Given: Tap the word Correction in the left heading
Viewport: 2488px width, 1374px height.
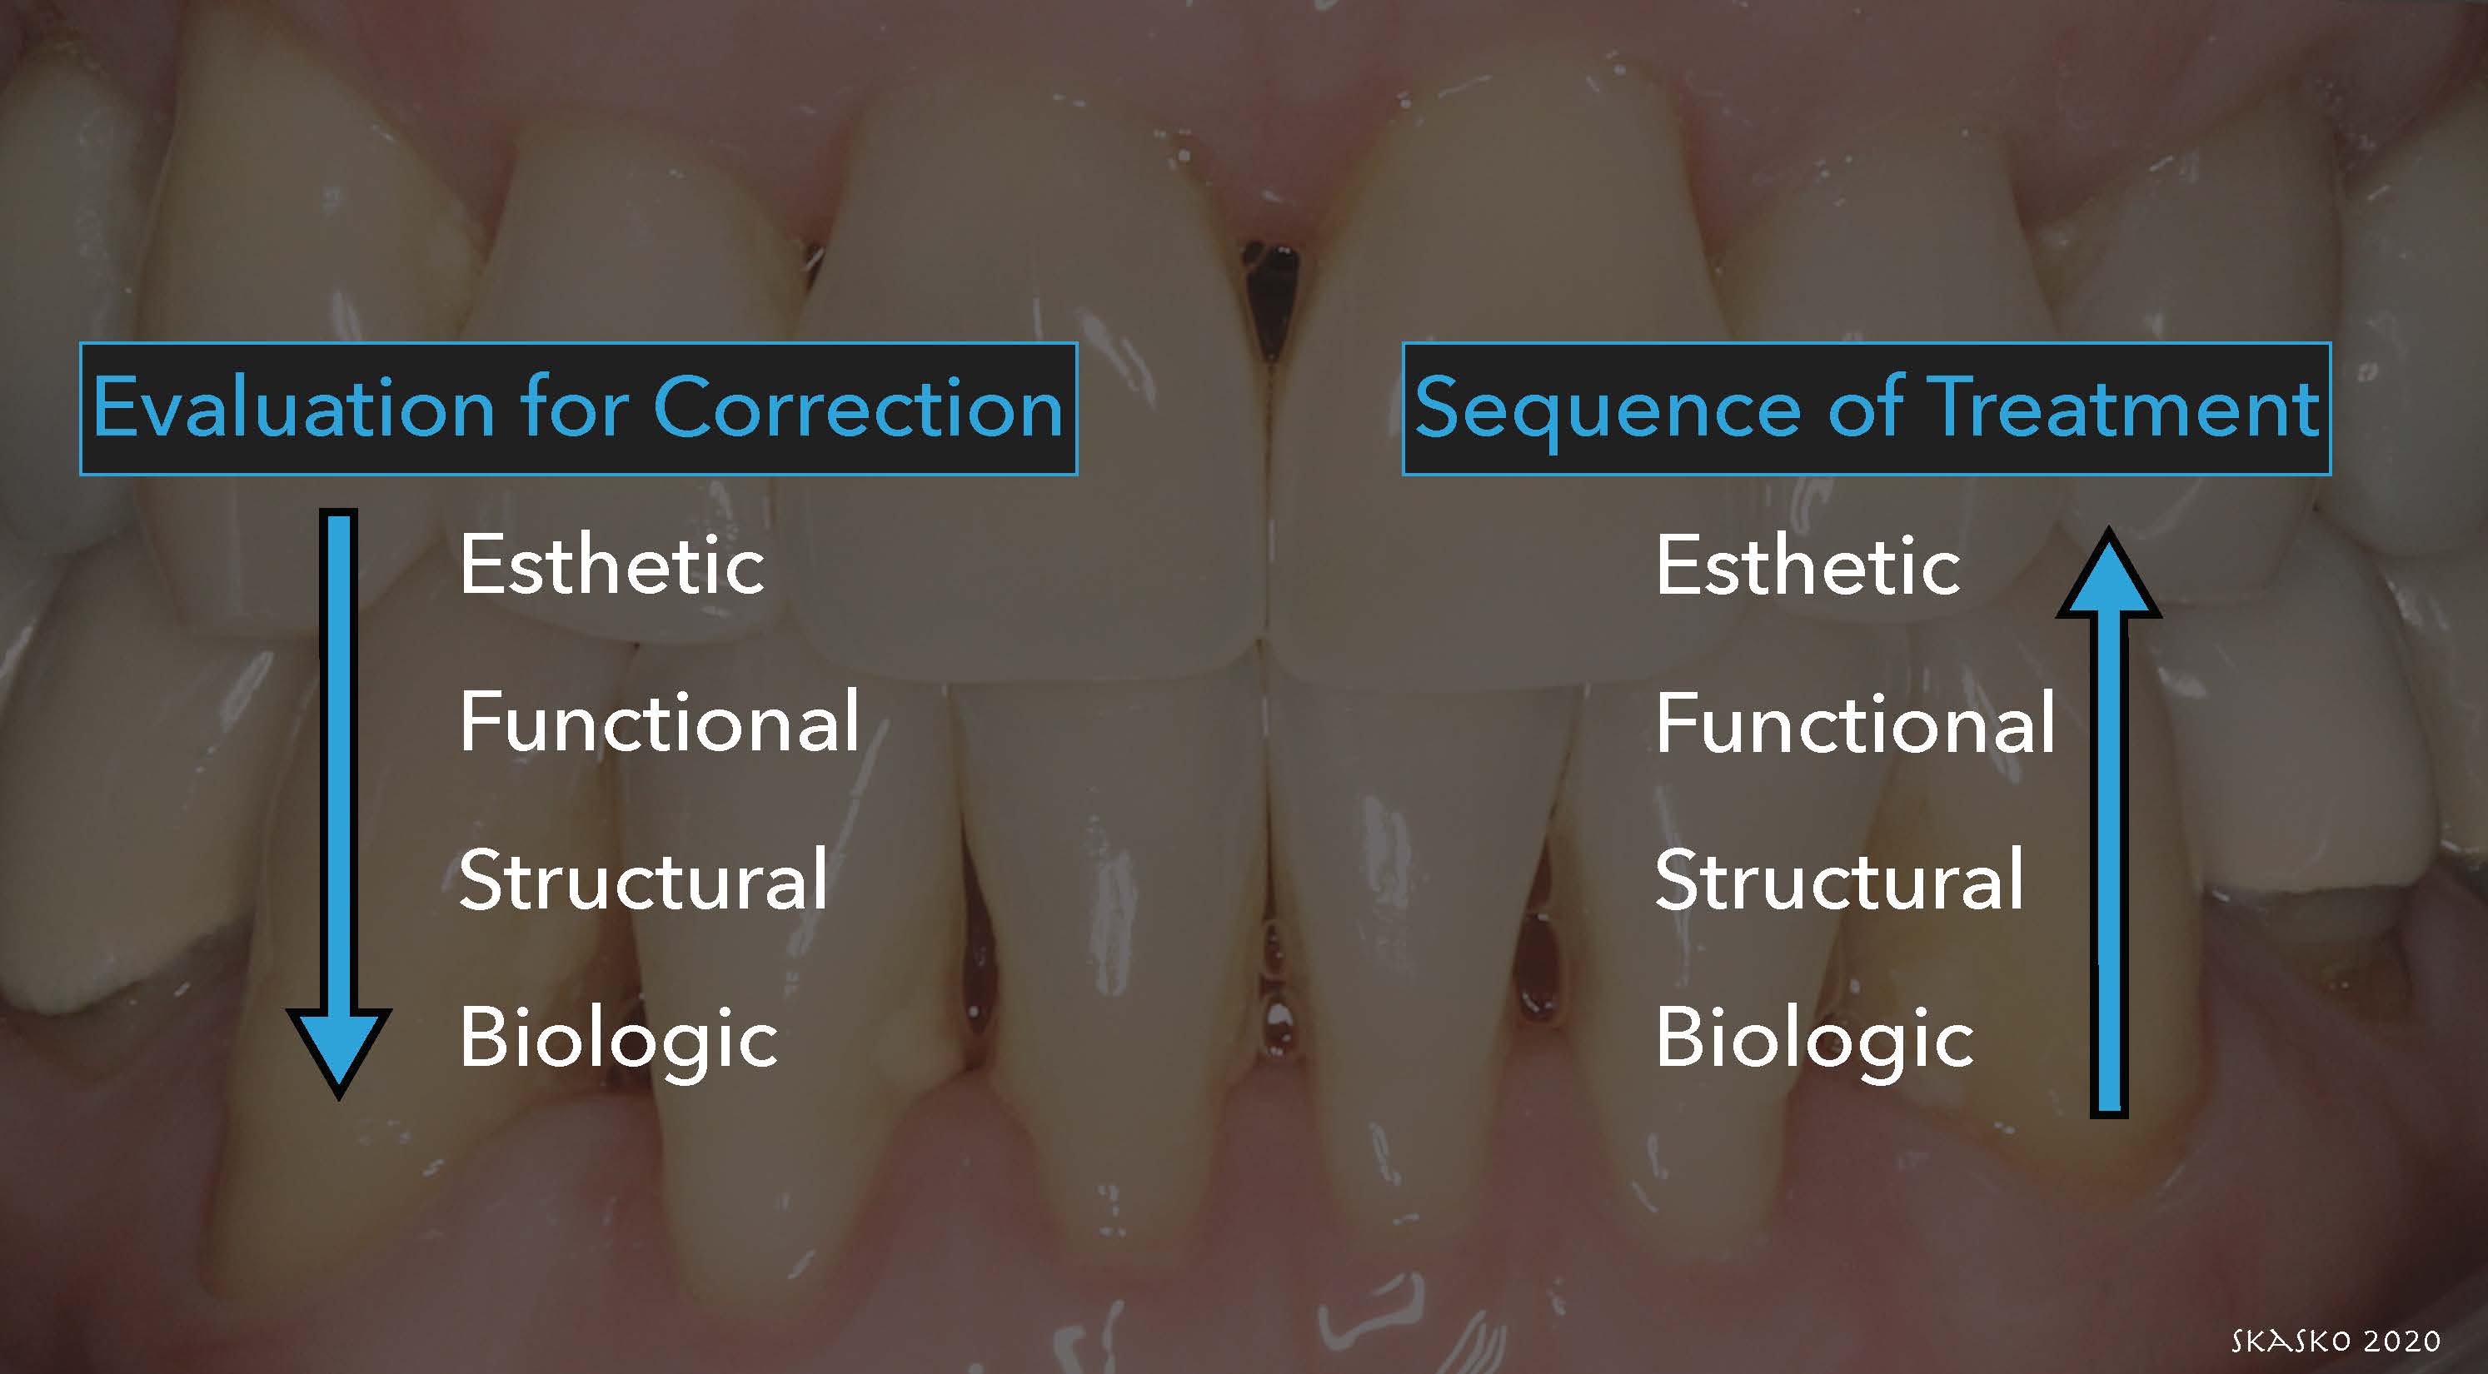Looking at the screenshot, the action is tap(858, 406).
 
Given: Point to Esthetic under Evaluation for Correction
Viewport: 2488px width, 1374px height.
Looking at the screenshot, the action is tap(612, 564).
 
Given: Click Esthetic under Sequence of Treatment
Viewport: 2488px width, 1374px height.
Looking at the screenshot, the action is tap(1808, 564).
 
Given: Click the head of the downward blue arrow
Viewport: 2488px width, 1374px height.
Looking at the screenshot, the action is tap(339, 1048).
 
